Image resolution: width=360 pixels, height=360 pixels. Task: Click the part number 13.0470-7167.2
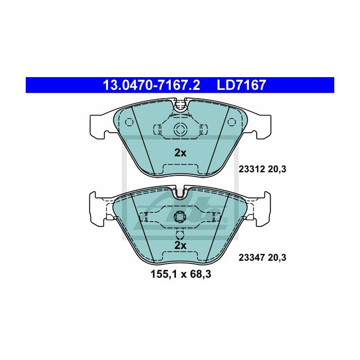click(151, 85)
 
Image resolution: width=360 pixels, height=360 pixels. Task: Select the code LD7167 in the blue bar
click(241, 85)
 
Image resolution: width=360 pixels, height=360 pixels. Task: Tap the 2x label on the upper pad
click(180, 153)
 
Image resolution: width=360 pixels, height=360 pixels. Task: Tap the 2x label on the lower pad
click(180, 245)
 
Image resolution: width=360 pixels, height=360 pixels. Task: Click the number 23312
click(251, 169)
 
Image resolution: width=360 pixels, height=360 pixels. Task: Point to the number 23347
click(251, 258)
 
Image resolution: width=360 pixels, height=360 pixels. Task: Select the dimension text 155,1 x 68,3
click(181, 274)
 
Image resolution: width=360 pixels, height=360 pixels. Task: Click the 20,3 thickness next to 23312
click(277, 169)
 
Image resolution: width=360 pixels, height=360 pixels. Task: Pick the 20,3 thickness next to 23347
click(277, 258)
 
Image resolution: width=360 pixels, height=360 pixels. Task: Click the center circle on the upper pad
click(180, 129)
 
